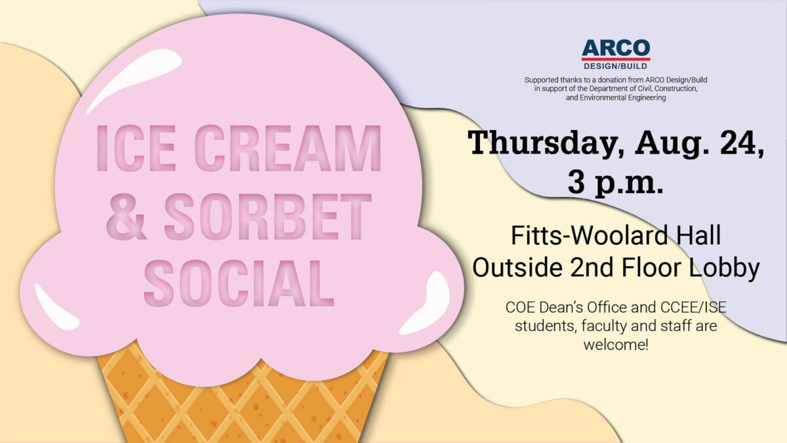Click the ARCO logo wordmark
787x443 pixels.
click(615, 48)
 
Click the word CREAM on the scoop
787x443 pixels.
click(289, 148)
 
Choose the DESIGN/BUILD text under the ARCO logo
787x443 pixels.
click(615, 66)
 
